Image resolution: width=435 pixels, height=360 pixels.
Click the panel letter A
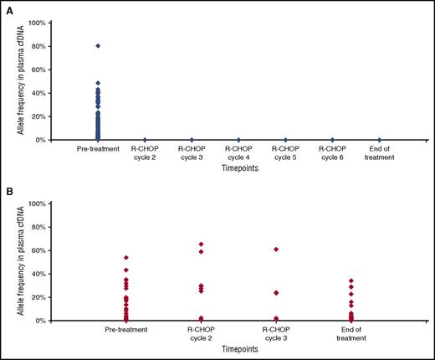coord(7,8)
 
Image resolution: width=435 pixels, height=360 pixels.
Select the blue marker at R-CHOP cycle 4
coord(238,140)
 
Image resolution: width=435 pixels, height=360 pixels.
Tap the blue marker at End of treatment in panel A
coord(379,140)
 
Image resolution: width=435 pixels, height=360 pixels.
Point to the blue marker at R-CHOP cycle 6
coord(332,140)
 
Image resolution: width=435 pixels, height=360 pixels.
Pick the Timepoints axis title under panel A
coord(238,168)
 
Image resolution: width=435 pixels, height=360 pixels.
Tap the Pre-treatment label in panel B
coord(126,329)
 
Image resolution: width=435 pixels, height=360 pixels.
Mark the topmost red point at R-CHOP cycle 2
coord(201,244)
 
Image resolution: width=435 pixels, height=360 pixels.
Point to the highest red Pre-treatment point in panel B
coord(126,258)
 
